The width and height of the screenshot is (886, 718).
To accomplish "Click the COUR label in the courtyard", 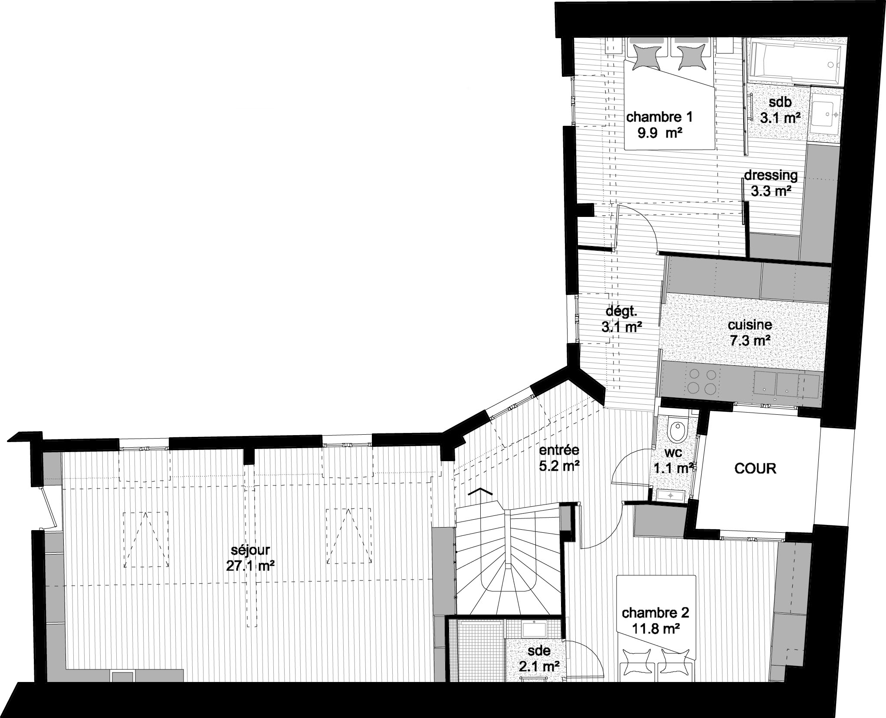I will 755,469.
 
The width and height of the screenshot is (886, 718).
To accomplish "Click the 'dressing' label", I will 771,175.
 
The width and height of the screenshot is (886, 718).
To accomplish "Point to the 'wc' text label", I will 673,452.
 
